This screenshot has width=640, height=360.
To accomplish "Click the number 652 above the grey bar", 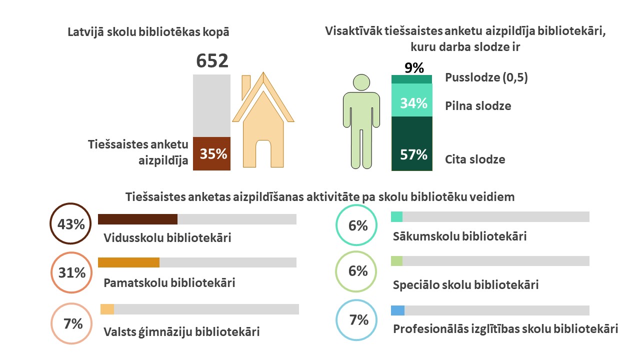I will pos(212,61).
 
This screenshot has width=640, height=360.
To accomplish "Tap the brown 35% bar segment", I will pos(212,153).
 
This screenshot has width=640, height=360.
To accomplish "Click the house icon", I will pos(262,125).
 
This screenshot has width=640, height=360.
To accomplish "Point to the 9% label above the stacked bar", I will pos(414,67).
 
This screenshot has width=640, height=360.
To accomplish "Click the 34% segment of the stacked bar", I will pos(412,103).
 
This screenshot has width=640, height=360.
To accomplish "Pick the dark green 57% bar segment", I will pos(412,145).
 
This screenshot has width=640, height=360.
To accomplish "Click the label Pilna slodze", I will pos(477,106).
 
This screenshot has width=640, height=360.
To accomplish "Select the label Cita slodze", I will pos(475,159).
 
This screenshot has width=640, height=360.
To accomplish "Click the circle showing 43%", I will pos(71,224).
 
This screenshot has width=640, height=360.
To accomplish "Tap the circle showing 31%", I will pos(71,273).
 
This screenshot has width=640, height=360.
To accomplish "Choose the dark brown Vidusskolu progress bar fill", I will pos(137,219).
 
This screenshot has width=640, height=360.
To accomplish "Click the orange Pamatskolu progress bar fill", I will pos(128,262).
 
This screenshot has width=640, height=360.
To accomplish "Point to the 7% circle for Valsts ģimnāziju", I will pos(72,324).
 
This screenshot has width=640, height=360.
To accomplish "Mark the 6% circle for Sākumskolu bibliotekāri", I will pos(357,226).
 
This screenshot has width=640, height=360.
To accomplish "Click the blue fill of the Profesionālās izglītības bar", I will pos(397,310).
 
